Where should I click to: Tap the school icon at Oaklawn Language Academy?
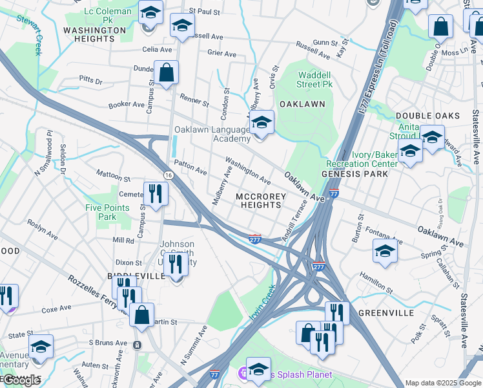[262, 122]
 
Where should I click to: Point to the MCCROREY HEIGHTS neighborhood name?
[258, 200]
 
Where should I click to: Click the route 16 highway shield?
[168, 175]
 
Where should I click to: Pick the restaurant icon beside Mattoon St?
[156, 193]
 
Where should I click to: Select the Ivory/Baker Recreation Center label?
[362, 160]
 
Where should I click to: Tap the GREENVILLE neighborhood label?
[385, 313]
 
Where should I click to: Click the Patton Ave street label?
[190, 169]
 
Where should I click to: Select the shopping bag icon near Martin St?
[142, 315]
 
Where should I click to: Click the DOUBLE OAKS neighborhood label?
[427, 116]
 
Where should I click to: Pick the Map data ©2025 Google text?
[442, 383]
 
